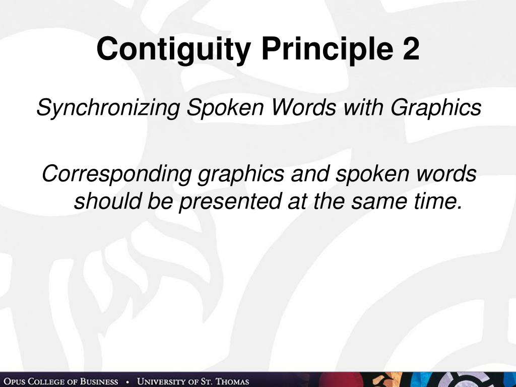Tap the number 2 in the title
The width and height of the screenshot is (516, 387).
coord(411,49)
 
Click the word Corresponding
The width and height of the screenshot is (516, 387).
coord(116,174)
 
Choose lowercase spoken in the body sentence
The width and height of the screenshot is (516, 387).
coord(365,174)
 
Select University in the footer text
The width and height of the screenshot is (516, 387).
coord(161,381)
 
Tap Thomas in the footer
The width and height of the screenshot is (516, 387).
coord(233,381)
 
